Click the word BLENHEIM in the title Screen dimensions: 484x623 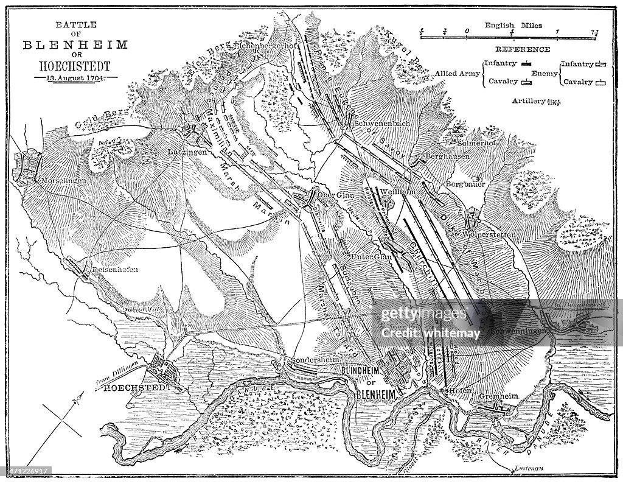tap(75, 44)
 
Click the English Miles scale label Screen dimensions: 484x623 tap(513, 26)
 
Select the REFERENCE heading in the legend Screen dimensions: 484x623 tap(513, 49)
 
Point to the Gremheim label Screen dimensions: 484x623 tap(498, 396)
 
